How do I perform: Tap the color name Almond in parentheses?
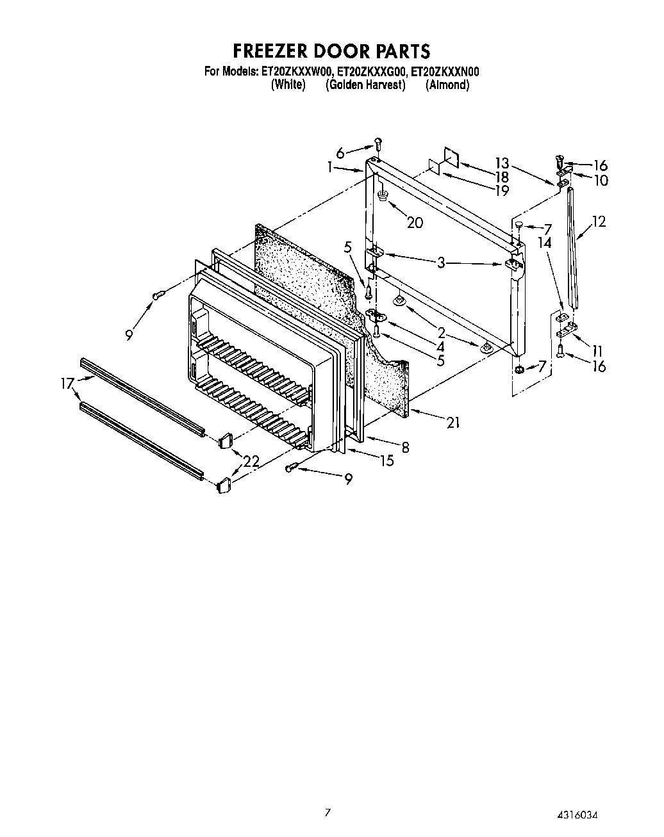click(447, 85)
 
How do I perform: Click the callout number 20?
click(415, 222)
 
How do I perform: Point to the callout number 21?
click(452, 422)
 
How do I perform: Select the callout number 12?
click(599, 222)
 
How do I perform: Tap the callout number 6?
click(340, 152)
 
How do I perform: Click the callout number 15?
click(386, 460)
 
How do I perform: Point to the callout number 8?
click(405, 448)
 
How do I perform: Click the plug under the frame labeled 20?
click(383, 195)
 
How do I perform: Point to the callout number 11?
click(597, 350)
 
